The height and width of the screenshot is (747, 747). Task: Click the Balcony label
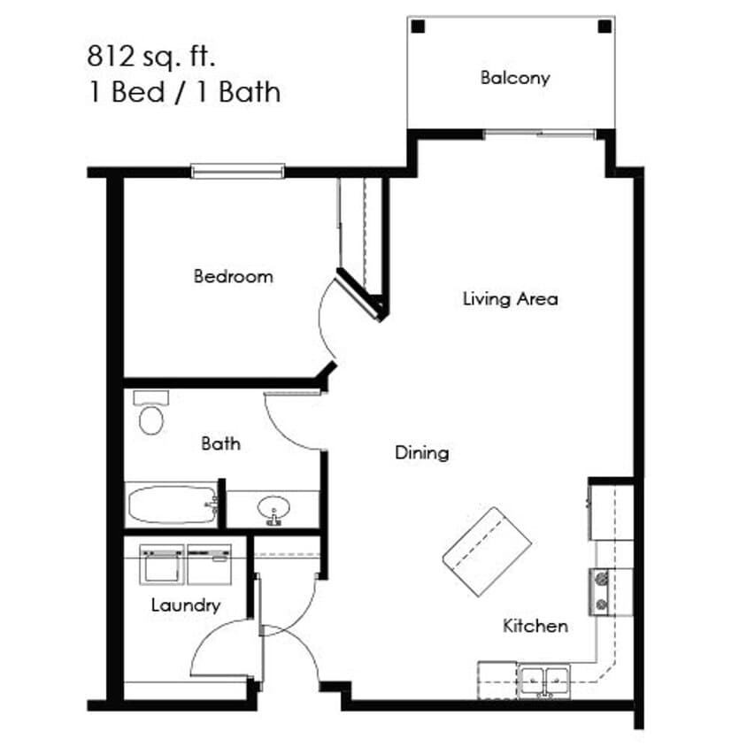[x=514, y=78]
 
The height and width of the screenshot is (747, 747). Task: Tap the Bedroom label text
[x=233, y=276]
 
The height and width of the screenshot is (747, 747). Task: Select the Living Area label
[x=510, y=299]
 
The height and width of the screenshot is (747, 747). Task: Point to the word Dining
[x=421, y=453]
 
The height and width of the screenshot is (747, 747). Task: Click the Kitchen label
[x=535, y=627]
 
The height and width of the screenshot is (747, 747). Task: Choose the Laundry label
[x=184, y=606]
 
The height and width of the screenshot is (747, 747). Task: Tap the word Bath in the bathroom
[x=219, y=443]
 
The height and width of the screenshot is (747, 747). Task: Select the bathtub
[x=172, y=506]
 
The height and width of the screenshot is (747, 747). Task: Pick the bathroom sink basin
[x=273, y=510]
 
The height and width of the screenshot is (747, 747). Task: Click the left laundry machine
[x=163, y=563]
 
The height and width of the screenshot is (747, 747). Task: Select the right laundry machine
[x=209, y=563]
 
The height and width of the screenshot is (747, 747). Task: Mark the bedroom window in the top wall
[x=238, y=170]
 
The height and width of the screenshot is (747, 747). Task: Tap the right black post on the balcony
[x=604, y=27]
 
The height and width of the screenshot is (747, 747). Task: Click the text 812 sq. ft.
[x=151, y=58]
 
